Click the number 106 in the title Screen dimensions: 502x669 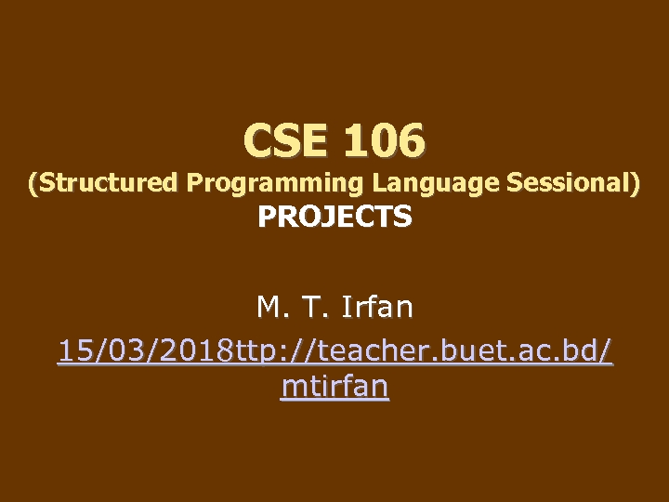point(384,141)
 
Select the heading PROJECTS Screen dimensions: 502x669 point(334,218)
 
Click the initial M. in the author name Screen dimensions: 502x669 point(269,305)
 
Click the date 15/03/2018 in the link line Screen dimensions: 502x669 point(147,351)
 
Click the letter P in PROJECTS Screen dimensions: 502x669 point(267,218)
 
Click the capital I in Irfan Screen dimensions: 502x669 point(347,305)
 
